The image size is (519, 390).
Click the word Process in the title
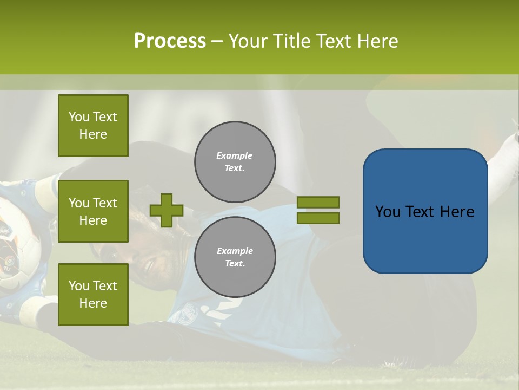[170, 41]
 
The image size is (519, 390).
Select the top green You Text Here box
[93, 126]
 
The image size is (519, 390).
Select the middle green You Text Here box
[93, 211]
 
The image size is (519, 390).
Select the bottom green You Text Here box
[93, 294]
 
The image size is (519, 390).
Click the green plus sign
[167, 210]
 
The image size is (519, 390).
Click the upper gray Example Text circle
[235, 162]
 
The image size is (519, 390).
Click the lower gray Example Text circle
[235, 257]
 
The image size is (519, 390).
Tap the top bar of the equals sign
[318, 203]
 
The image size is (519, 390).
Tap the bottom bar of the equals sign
[318, 218]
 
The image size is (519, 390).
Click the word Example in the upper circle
[234, 155]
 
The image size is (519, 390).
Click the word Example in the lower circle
[235, 251]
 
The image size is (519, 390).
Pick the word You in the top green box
[79, 117]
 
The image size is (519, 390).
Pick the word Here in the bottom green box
[93, 303]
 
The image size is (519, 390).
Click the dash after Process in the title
[217, 42]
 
